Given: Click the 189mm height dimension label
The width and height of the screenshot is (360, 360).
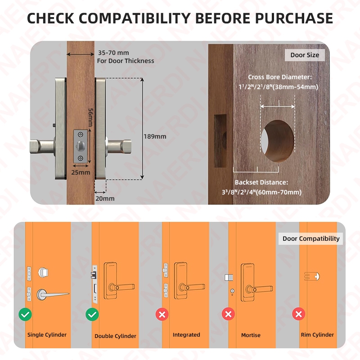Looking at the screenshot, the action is point(155,136).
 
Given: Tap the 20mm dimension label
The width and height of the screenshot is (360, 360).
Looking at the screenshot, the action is point(105,198).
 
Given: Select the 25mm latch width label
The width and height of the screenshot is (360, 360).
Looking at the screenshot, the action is point(81,172).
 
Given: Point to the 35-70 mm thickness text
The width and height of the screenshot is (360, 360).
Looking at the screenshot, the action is point(113,53).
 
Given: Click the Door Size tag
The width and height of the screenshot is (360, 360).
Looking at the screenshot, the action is point(305,55).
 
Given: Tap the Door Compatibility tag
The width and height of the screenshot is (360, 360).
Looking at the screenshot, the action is point(311,238).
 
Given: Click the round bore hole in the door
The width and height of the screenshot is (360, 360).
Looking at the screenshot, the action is point(278,141).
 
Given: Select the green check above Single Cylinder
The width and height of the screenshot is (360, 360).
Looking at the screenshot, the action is point(25,314).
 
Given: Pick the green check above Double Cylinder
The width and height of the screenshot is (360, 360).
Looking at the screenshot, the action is point(92,314).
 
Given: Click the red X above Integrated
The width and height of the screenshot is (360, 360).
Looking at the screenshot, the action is point(162,314).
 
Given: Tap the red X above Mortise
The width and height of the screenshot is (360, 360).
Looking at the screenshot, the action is point(228,314).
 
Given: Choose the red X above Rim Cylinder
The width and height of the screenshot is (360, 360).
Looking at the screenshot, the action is point(298,314).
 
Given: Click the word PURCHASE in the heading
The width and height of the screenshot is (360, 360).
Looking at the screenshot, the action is point(294,18).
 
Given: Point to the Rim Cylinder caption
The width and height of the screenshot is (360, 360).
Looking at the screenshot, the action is point(317,335).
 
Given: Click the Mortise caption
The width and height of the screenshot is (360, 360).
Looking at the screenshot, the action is point(251,335).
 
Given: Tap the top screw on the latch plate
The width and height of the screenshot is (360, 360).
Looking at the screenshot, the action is point(81,135).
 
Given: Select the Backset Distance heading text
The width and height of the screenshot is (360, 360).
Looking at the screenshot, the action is point(261,182).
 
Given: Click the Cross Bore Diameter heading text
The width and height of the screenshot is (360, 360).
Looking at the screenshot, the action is point(280,77).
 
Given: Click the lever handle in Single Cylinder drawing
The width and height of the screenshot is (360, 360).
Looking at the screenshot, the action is point(53,294).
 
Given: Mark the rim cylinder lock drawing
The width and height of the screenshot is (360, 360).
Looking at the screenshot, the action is point(312,276).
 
